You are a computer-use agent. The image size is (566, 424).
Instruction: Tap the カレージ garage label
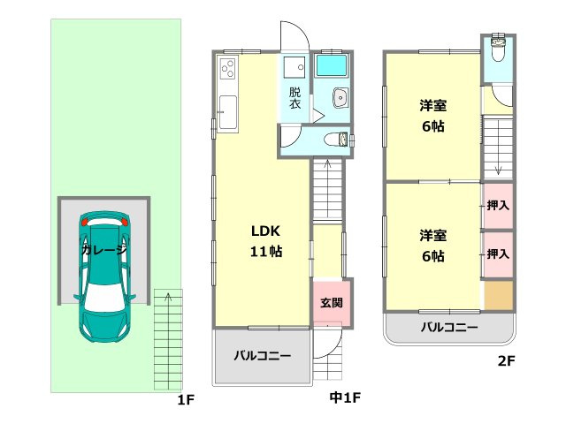[x=103, y=250]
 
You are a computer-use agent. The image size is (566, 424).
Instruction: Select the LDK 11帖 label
[x=264, y=240]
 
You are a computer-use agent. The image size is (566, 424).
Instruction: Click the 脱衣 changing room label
[x=293, y=97]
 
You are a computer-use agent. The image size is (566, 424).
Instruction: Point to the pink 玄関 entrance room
[x=332, y=303]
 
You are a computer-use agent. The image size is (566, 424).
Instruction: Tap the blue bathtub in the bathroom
[x=333, y=66]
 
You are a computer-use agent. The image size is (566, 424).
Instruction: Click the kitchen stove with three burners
[x=226, y=69]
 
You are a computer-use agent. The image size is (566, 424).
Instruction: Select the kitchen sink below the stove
[x=227, y=113]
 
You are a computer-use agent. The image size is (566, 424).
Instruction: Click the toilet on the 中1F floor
[x=335, y=139]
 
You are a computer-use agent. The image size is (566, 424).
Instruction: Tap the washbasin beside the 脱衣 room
[x=339, y=97]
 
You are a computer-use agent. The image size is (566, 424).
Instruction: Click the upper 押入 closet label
[x=498, y=206]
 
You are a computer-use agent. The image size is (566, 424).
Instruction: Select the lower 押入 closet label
[x=498, y=254]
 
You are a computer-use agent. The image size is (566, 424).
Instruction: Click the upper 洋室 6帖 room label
[x=432, y=116]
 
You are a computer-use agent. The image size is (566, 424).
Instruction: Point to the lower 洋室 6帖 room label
[x=432, y=246]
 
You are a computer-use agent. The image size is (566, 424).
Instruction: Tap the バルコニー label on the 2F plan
[x=448, y=327]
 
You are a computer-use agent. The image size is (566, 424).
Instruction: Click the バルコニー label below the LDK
[x=263, y=356]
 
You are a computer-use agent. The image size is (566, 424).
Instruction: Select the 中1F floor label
[x=344, y=398]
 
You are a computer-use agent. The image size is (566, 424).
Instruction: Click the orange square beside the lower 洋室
[x=497, y=295]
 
